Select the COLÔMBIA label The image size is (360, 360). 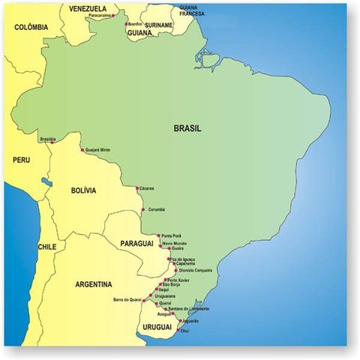pyautogui.click(x=31, y=28)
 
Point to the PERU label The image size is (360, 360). pyautogui.click(x=20, y=160)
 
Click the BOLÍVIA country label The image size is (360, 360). pyautogui.click(x=82, y=190)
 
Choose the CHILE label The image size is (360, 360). pyautogui.click(x=47, y=246)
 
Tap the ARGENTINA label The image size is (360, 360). pyautogui.click(x=94, y=284)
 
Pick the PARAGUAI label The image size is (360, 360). pyautogui.click(x=136, y=244)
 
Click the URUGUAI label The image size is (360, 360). pyautogui.click(x=155, y=328)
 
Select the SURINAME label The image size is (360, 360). pyautogui.click(x=158, y=25)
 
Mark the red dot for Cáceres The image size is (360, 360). pyautogui.click(x=137, y=187)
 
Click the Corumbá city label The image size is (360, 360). pyautogui.click(x=157, y=209)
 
